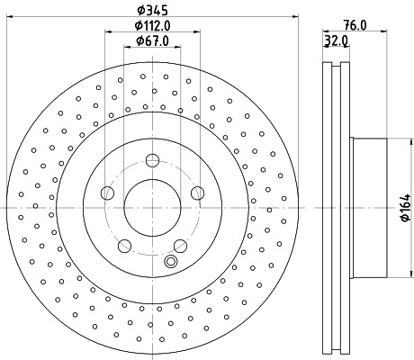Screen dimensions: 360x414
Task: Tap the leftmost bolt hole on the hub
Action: coord(107,193)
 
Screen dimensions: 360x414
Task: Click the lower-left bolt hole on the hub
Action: coord(124,245)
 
